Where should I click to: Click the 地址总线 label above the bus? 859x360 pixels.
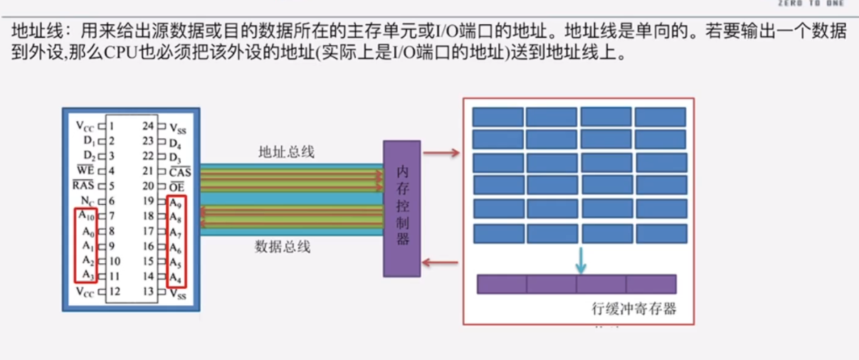(x=286, y=152)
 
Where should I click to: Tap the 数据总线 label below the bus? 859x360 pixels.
(x=283, y=248)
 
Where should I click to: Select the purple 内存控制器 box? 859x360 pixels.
(x=402, y=208)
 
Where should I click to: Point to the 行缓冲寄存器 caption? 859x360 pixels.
(x=633, y=309)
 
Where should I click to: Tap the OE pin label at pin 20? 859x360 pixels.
(x=178, y=186)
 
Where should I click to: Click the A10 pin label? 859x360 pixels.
(x=85, y=216)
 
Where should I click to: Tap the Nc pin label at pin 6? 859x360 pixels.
(x=87, y=201)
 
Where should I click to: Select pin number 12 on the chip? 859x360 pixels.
(x=114, y=292)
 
